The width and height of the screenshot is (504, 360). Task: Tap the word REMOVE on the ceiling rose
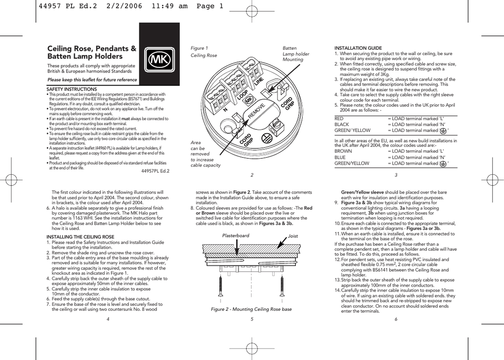pyautogui.click(x=256, y=111)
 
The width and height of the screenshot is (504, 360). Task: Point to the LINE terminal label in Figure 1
pyautogui.click(x=259, y=81)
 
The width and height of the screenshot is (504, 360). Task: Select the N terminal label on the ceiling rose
pyautogui.click(x=225, y=110)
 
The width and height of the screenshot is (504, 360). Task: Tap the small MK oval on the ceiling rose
pyautogui.click(x=249, y=100)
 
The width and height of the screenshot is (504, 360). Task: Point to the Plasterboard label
pyautogui.click(x=236, y=235)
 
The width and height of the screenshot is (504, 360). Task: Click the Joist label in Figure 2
pyautogui.click(x=293, y=235)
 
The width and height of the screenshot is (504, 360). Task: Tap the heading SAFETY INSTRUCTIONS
pyautogui.click(x=71, y=89)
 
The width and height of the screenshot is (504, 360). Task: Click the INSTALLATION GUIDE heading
pyautogui.click(x=358, y=48)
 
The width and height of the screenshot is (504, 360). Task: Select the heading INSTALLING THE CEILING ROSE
pyautogui.click(x=80, y=237)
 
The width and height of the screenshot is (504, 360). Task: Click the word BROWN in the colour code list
pyautogui.click(x=343, y=151)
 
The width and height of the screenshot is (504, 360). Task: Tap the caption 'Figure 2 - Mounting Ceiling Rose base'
pyautogui.click(x=251, y=309)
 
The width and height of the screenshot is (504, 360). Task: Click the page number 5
pyautogui.click(x=252, y=319)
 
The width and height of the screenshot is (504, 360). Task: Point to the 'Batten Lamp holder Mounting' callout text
pyautogui.click(x=296, y=54)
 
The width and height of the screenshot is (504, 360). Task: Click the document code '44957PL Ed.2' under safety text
pyautogui.click(x=155, y=171)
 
